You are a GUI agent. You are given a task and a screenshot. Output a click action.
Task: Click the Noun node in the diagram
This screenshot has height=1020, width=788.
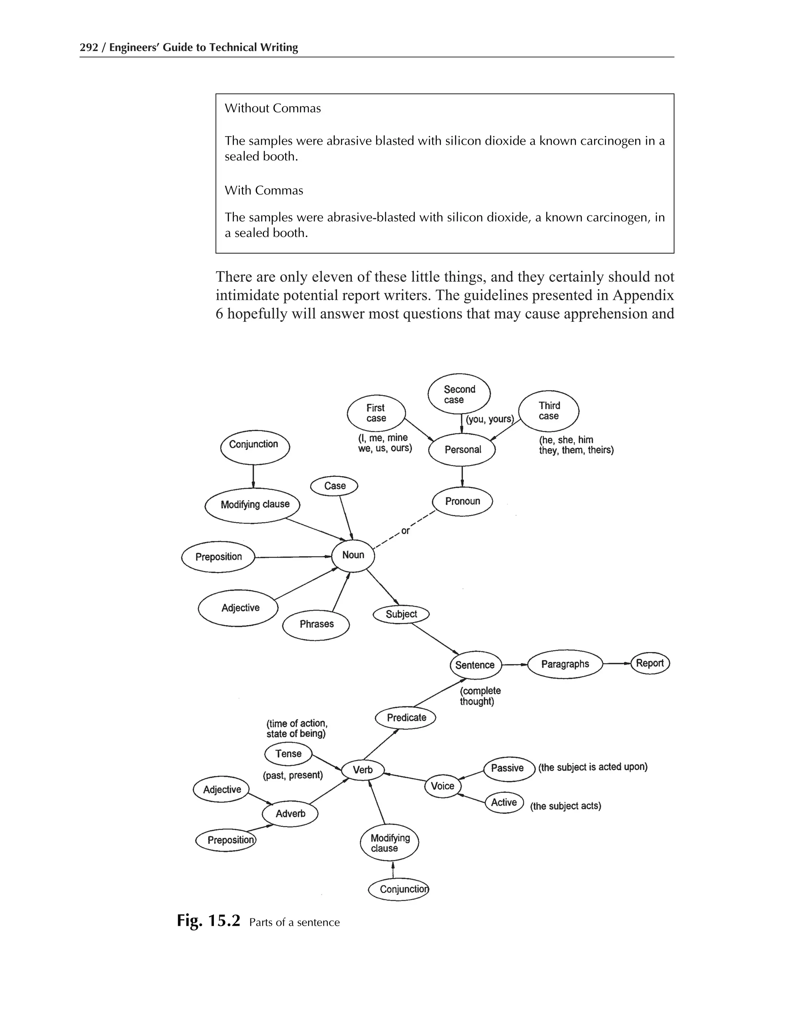coord(353,555)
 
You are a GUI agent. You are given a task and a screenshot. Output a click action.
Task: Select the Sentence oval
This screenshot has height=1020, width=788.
coord(475,665)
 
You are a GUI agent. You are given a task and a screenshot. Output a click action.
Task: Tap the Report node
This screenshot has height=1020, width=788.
coord(650,663)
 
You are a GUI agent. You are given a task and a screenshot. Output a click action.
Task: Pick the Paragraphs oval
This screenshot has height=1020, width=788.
coord(565,664)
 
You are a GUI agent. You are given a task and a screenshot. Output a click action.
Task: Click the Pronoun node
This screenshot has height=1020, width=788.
coord(462,502)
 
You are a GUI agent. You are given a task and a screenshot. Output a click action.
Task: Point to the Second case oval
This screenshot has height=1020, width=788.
coord(459,395)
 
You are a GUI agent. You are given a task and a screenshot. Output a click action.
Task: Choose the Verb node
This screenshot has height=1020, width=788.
coord(363,770)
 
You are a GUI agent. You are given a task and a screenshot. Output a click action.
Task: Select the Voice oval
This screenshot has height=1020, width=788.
coord(442,786)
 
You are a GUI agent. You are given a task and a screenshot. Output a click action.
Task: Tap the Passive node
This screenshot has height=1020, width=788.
coord(508,768)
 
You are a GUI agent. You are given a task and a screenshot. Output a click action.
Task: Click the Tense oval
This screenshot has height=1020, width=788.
coord(289,754)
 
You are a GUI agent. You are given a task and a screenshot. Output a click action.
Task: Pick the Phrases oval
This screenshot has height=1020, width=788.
coord(316,624)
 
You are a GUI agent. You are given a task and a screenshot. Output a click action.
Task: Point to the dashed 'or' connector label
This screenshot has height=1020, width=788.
coord(405,531)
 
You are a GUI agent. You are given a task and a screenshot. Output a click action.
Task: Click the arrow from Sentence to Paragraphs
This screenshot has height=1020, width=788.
coord(514,665)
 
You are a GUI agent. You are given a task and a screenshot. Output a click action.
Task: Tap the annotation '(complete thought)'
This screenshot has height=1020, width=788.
coord(480,696)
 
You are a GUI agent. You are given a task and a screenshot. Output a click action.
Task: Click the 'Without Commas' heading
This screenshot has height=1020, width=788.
coord(273,109)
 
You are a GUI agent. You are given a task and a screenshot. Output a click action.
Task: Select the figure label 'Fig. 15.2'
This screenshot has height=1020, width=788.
coord(208,921)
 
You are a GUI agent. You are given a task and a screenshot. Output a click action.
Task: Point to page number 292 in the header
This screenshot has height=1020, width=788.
coord(89,48)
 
